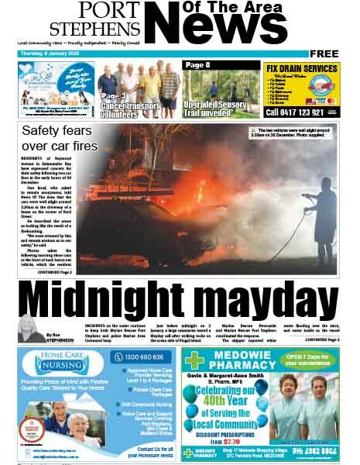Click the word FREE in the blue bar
coord(324,53)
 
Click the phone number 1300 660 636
coord(142,357)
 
